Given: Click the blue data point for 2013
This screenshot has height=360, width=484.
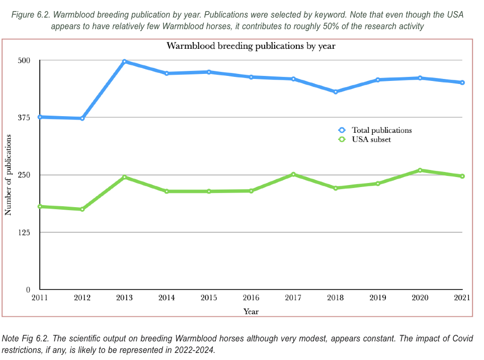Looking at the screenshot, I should pyautogui.click(x=124, y=61).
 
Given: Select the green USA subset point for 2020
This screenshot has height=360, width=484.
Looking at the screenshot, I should pyautogui.click(x=420, y=170).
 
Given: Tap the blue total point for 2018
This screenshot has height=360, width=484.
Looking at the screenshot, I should pyautogui.click(x=336, y=92).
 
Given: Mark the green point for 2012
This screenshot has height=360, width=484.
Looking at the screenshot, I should pyautogui.click(x=82, y=209).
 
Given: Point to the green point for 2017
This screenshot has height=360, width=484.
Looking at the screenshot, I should pyautogui.click(x=293, y=174).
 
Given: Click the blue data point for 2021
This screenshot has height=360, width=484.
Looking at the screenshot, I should pyautogui.click(x=462, y=82).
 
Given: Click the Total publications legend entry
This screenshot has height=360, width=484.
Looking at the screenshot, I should pyautogui.click(x=381, y=130).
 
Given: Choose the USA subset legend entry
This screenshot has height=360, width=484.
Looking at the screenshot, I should pyautogui.click(x=371, y=139).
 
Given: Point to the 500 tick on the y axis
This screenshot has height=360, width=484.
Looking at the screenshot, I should pyautogui.click(x=25, y=60).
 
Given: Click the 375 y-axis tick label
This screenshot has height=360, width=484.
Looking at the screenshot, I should pyautogui.click(x=25, y=118).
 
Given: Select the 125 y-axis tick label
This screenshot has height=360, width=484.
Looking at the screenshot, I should pyautogui.click(x=25, y=232).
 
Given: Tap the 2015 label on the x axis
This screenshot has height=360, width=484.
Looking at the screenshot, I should pyautogui.click(x=209, y=298).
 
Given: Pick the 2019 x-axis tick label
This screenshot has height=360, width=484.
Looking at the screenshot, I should pyautogui.click(x=378, y=298).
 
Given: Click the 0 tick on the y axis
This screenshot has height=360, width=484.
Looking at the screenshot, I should pyautogui.click(x=28, y=290).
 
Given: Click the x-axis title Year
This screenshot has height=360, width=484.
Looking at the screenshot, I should pyautogui.click(x=251, y=312).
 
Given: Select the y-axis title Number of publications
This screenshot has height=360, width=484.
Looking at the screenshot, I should pyautogui.click(x=8, y=174).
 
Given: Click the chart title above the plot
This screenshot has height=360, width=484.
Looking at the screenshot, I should pyautogui.click(x=251, y=46).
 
